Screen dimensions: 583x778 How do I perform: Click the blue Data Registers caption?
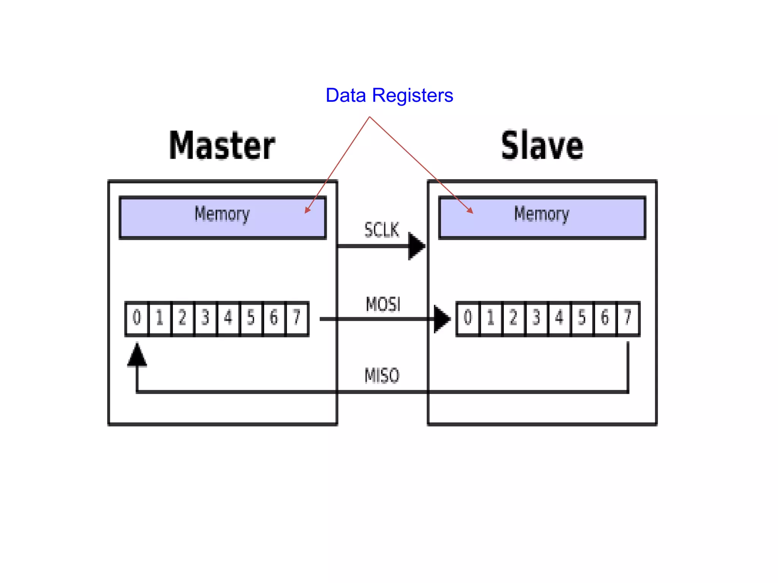389,95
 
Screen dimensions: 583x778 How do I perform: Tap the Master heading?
222,145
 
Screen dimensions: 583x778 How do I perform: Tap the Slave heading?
542,145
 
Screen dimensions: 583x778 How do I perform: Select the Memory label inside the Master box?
222,214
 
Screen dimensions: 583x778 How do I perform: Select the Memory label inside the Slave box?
542,214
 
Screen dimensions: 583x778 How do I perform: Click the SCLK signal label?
382,230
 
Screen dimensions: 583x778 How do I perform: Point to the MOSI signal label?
383,304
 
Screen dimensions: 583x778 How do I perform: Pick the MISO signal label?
382,376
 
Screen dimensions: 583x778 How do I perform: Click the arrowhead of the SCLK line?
416,246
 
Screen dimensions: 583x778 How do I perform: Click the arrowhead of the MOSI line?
442,319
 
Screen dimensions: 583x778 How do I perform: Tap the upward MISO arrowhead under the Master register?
137,355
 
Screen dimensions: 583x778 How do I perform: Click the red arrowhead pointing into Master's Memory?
307,210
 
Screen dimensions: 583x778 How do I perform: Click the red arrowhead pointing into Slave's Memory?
470,211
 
